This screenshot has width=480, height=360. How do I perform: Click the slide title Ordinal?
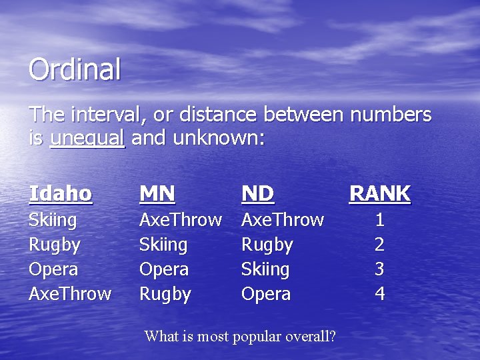pos(75,69)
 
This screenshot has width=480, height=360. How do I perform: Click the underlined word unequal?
pos(87,138)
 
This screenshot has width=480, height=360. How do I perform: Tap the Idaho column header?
pos(61,193)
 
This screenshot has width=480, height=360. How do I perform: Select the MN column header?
pos(157,193)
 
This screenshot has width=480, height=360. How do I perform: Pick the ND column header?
pos(257,193)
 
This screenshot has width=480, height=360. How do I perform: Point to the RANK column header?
pos(380,193)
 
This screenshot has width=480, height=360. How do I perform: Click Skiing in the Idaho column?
pos(53,220)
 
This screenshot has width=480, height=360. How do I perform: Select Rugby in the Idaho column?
pos(55,245)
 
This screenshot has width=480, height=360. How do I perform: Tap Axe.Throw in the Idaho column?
pos(70,294)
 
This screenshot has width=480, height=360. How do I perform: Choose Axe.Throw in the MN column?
pos(180,220)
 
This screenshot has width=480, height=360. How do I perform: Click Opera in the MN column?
pos(163,269)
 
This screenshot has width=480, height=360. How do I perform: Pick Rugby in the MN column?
pos(165,294)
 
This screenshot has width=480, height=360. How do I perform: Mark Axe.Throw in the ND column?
pos(282,220)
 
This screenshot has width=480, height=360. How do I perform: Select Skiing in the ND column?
pos(265,269)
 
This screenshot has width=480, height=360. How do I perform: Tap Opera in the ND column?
pos(265,294)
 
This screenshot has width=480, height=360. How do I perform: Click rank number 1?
pos(379,220)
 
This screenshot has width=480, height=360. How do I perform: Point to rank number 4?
pos(379,294)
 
